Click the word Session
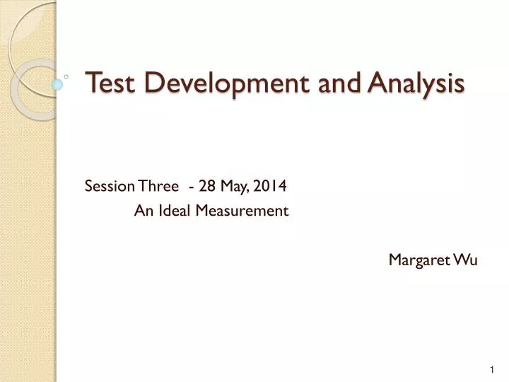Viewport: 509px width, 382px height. click(110, 186)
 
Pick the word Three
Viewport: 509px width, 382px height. click(158, 186)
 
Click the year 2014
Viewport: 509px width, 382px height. click(271, 186)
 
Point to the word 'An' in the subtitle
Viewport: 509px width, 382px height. click(142, 210)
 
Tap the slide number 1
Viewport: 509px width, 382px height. click(491, 370)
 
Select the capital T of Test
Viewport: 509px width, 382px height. click(91, 83)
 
